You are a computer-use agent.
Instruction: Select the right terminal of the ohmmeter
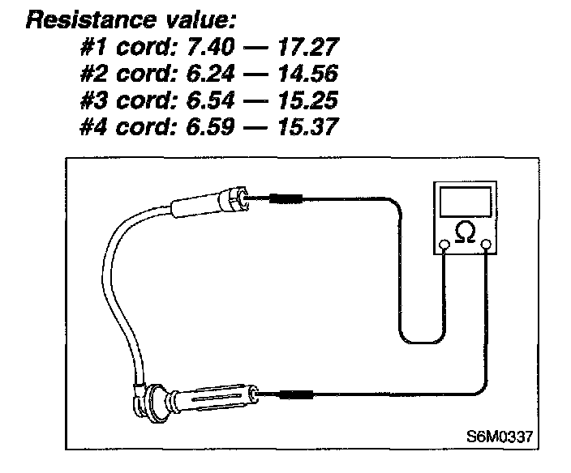click(x=487, y=244)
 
